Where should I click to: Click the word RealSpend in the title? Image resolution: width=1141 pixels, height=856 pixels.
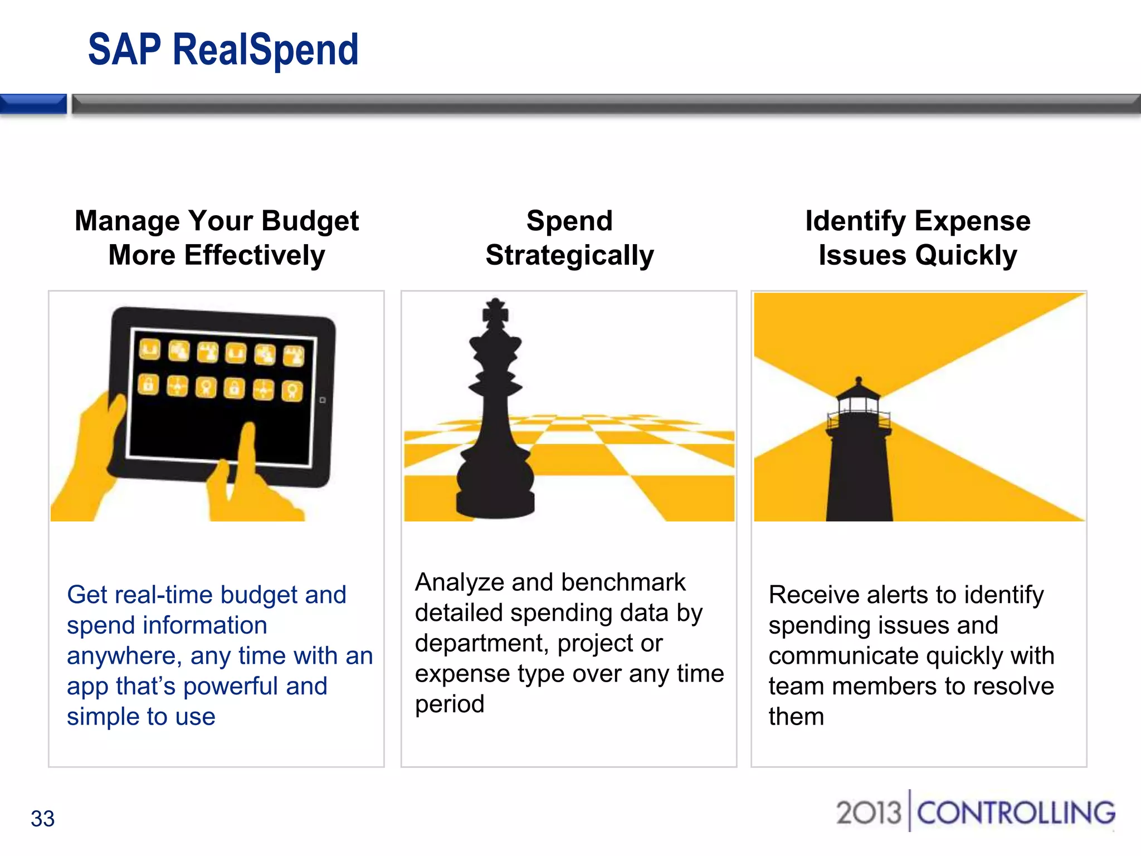[265, 50]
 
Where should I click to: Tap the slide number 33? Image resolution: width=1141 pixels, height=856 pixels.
[42, 819]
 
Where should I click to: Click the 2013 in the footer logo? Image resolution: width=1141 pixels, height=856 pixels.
[868, 813]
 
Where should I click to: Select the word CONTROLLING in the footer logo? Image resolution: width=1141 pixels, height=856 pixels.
[1016, 813]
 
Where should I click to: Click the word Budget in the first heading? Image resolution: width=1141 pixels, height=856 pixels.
[310, 221]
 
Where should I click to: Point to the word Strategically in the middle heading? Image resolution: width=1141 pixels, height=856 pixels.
[569, 256]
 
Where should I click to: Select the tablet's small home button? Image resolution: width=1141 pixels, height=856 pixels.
[322, 400]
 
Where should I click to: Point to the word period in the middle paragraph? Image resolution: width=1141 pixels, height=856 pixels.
[449, 704]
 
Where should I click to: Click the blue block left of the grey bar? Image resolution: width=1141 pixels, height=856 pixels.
[33, 104]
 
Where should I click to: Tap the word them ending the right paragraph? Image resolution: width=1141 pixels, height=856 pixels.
[796, 717]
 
